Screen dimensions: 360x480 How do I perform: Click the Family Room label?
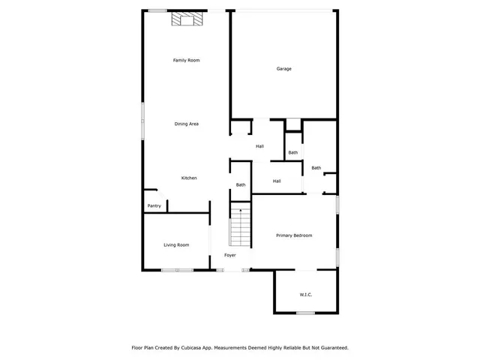[187, 60]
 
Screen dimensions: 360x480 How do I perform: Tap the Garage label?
[283, 69]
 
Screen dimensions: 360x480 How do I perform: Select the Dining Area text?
[187, 124]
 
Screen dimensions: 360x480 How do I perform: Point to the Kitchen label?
[190, 178]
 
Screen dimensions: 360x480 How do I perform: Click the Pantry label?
[154, 205]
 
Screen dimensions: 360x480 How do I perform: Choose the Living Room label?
[176, 244]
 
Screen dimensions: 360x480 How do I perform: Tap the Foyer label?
[230, 255]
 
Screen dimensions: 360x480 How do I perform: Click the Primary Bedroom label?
[294, 235]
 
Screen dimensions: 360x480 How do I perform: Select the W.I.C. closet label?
[305, 294]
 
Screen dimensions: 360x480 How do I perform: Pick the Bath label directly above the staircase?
[241, 184]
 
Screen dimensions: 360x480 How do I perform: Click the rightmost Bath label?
[316, 168]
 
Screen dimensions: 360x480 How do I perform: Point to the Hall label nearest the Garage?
[259, 146]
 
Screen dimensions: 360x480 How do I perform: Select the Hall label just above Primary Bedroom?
[277, 181]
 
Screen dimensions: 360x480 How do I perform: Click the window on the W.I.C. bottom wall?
[304, 313]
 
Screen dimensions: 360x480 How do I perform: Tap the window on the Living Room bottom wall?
[177, 270]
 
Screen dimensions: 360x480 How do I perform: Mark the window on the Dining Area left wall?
[143, 120]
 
